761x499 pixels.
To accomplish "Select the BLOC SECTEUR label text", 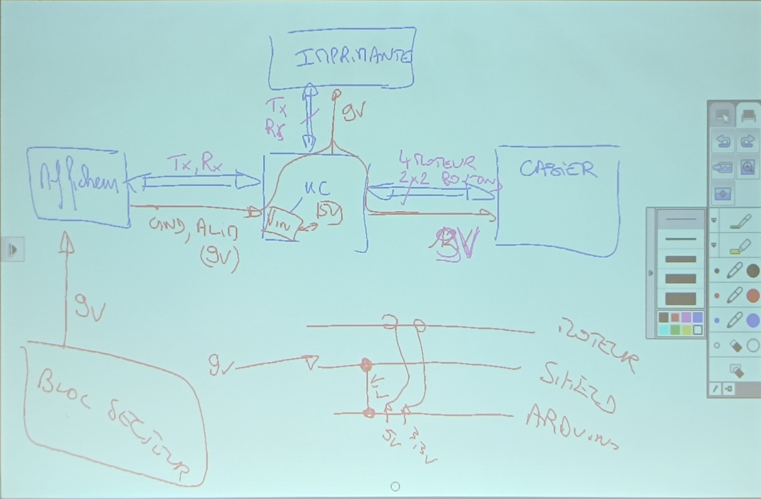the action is (x=112, y=422).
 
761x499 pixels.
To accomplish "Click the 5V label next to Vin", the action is (x=329, y=213).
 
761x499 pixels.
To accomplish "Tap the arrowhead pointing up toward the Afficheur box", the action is (x=67, y=243).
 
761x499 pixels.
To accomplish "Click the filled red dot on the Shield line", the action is (x=366, y=365).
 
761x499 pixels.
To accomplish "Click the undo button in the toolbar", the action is (x=722, y=141).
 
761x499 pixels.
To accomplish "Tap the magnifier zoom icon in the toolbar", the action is (x=747, y=167).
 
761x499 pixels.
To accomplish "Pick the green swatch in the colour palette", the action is (x=675, y=330).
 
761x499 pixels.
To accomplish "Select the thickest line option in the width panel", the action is (x=681, y=299).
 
